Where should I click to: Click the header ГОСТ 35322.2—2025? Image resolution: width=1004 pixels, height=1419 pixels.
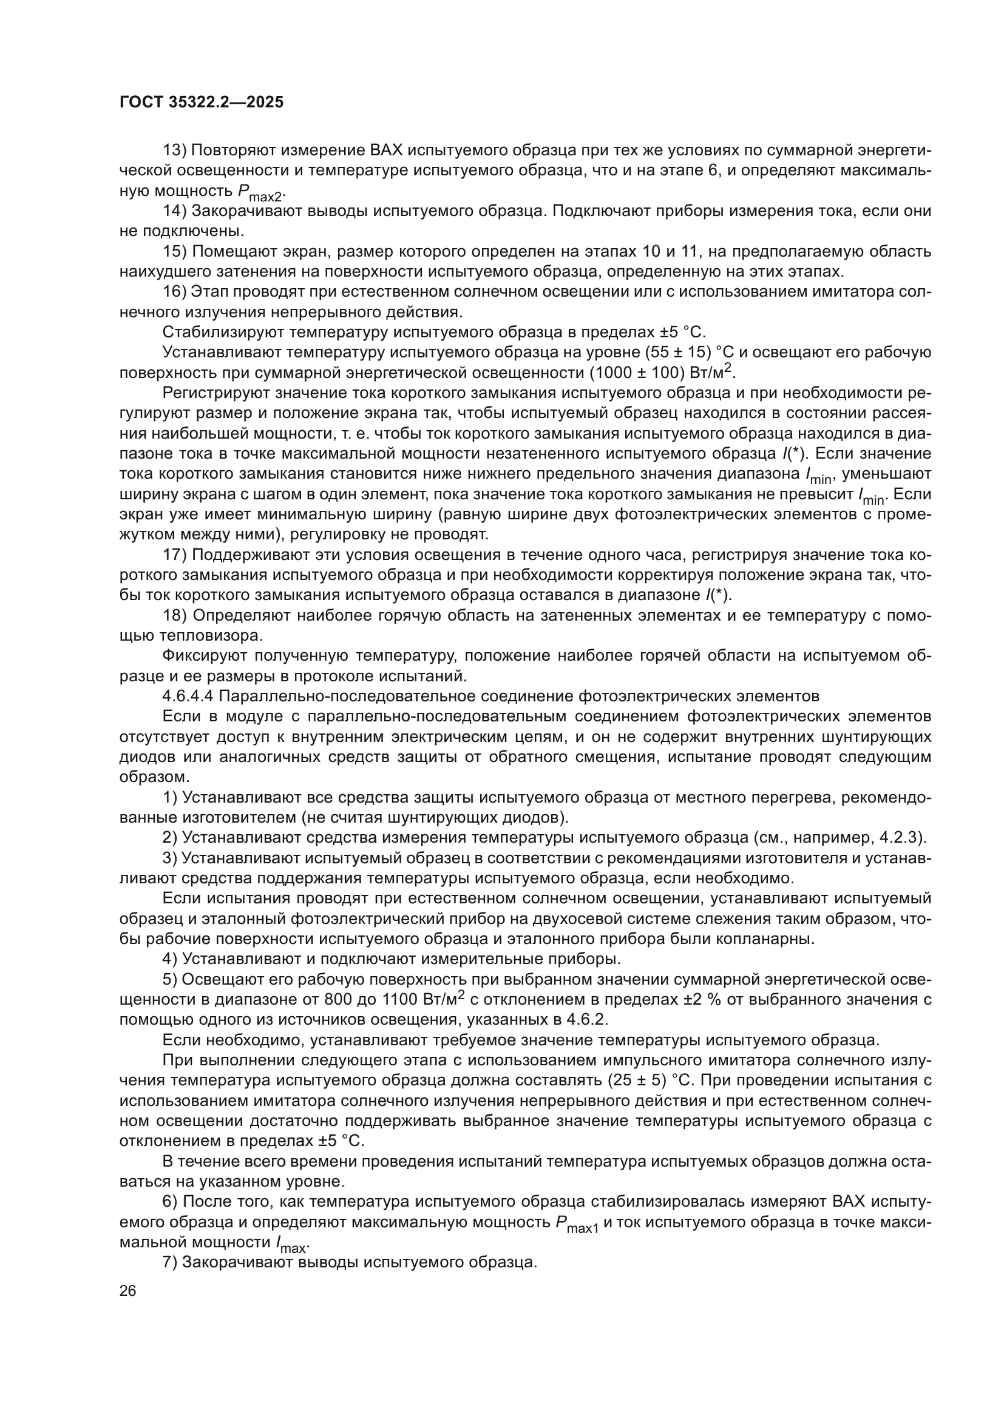click(202, 103)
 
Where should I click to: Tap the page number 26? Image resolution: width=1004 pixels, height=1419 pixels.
click(127, 1291)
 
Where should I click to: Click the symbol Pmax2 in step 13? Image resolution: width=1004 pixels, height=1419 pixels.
click(261, 194)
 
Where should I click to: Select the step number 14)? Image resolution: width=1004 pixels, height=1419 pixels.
click(174, 211)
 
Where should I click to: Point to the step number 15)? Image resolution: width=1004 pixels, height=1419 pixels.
click(174, 252)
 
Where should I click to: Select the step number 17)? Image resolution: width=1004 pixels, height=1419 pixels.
click(174, 555)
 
